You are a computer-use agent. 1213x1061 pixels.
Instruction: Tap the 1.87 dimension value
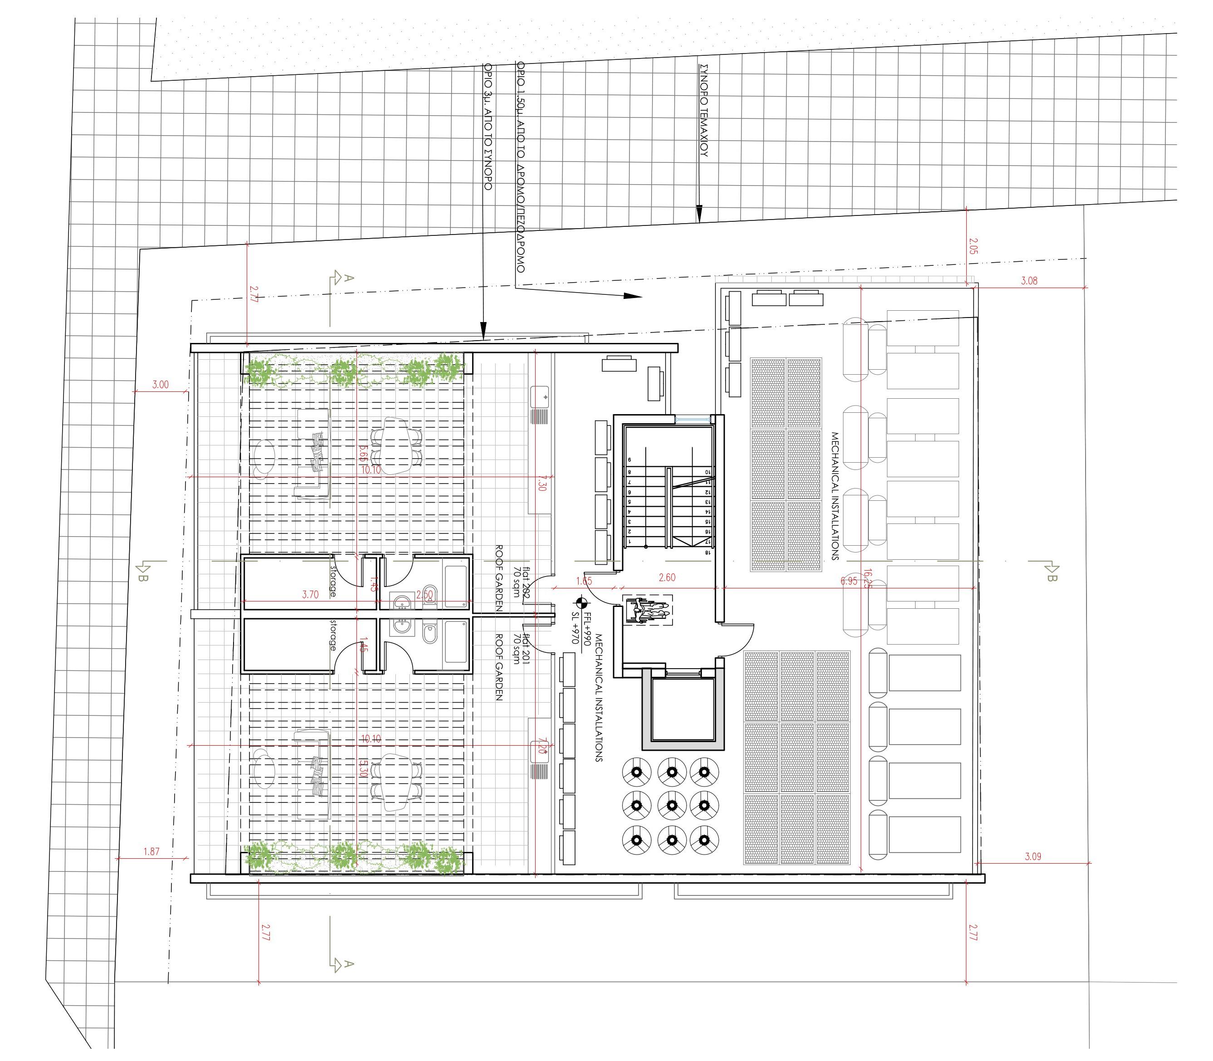point(151,852)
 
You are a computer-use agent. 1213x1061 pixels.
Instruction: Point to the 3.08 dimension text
point(1029,281)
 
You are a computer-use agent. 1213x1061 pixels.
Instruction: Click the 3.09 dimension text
point(1032,856)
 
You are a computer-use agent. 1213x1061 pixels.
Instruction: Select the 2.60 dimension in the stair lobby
point(667,578)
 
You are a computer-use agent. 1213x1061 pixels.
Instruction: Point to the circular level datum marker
point(581,603)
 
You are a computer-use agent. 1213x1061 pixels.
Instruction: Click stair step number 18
point(707,552)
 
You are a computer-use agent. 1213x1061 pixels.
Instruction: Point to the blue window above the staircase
point(692,419)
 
